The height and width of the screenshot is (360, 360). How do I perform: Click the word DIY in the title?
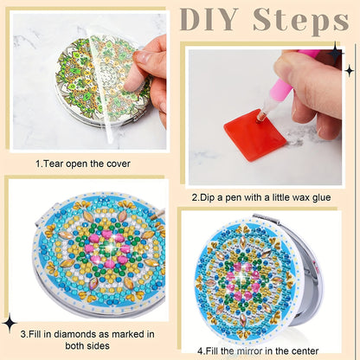click(209, 20)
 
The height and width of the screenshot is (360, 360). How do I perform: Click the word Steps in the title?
click(301, 21)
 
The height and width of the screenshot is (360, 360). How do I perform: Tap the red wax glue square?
click(255, 134)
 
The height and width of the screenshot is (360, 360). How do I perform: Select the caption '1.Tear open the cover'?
click(83, 164)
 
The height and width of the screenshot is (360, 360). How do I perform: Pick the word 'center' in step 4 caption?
click(305, 351)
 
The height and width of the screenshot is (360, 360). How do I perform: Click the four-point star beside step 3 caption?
click(10, 323)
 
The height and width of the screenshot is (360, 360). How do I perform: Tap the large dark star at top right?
click(335, 53)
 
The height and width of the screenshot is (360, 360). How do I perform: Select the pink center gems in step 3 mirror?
click(107, 247)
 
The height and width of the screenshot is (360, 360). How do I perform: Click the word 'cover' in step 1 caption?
click(119, 164)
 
